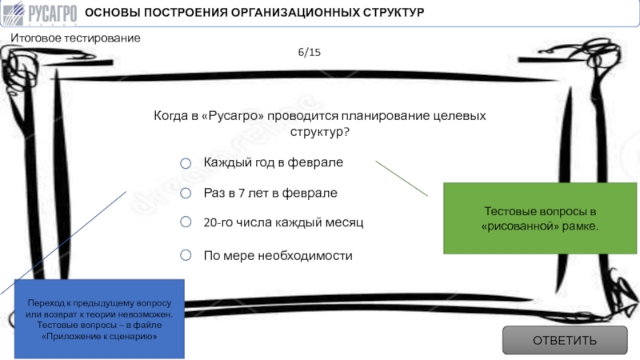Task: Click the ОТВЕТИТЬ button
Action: pyautogui.click(x=565, y=340)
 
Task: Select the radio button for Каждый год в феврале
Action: pyautogui.click(x=186, y=163)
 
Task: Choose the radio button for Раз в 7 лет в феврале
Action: pyautogui.click(x=186, y=193)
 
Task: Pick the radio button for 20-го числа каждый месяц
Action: pyautogui.click(x=186, y=222)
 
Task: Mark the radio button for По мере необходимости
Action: pyautogui.click(x=186, y=255)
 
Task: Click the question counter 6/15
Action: pyautogui.click(x=310, y=52)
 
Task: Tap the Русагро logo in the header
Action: pyautogui.click(x=39, y=13)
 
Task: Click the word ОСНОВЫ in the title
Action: pyautogui.click(x=112, y=12)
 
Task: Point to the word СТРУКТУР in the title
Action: pyautogui.click(x=394, y=12)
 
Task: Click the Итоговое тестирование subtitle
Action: pyautogui.click(x=75, y=38)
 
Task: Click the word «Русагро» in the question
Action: pyautogui.click(x=233, y=115)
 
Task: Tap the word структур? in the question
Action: pyautogui.click(x=320, y=132)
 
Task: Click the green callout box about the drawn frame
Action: pyautogui.click(x=540, y=218)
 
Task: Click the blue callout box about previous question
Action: pyautogui.click(x=99, y=318)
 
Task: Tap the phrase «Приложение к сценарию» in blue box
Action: pyautogui.click(x=99, y=336)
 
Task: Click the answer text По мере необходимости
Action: pyautogui.click(x=278, y=255)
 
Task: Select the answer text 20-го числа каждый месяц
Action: pyautogui.click(x=283, y=222)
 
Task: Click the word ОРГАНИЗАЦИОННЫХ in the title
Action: pyautogui.click(x=295, y=12)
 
